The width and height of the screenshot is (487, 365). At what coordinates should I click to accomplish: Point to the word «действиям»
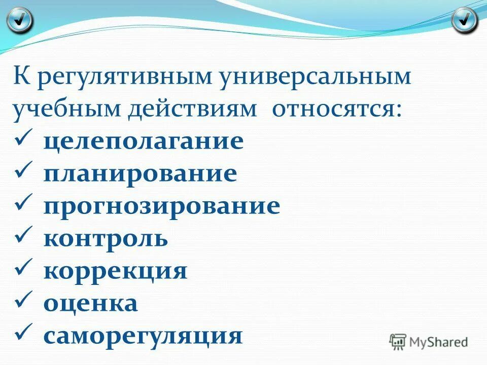coord(193,109)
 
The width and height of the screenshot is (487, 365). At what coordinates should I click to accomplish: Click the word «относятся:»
coord(337,109)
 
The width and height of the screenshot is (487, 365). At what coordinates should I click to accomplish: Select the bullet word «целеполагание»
coord(143,141)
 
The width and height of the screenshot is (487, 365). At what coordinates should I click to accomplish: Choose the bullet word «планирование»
coord(140,174)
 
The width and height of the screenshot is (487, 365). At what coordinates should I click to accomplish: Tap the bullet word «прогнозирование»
coord(161,206)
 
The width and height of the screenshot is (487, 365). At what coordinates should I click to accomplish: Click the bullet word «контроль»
coord(106,238)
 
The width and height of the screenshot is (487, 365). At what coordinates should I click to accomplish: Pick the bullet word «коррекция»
coord(115,271)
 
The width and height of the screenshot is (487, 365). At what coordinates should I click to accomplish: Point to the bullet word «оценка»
coord(90,303)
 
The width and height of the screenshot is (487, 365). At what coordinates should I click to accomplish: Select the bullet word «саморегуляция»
coord(143,336)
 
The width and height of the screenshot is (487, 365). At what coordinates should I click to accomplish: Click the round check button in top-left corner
coord(20,20)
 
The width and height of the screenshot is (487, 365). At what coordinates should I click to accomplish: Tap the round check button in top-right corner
coord(464,20)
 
